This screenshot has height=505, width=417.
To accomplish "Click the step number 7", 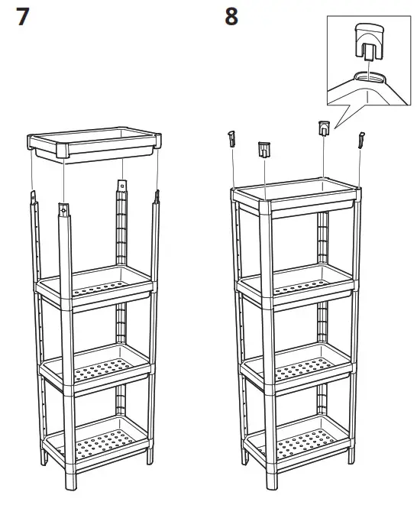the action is tap(23, 17).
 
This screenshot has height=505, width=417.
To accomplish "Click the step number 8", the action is tap(231, 17).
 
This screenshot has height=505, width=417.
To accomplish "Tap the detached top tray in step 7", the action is tap(94, 145).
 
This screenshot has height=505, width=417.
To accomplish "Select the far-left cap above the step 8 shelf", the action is tap(232, 138).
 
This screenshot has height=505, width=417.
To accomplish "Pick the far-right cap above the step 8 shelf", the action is tap(361, 140).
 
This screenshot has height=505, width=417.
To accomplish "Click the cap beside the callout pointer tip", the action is tap(324, 128).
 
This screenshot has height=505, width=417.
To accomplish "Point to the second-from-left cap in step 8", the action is tap(264, 150).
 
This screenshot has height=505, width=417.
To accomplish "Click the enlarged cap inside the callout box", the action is tap(370, 42).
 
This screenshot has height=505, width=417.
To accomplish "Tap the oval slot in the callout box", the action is tap(370, 77).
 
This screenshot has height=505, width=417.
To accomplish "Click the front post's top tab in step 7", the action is tap(63, 209).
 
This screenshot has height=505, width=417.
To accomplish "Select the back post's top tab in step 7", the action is tap(121, 186).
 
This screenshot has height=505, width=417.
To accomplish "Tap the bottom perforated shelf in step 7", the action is tap(96, 443).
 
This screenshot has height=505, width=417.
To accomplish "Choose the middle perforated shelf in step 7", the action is tap(95, 370).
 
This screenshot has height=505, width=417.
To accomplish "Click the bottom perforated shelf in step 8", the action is tap(297, 443).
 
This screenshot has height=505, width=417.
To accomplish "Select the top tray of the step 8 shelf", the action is tap(296, 197).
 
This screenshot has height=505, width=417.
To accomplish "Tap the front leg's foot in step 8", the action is tap(271, 481).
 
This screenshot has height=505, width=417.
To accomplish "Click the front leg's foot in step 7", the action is tap(70, 481).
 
